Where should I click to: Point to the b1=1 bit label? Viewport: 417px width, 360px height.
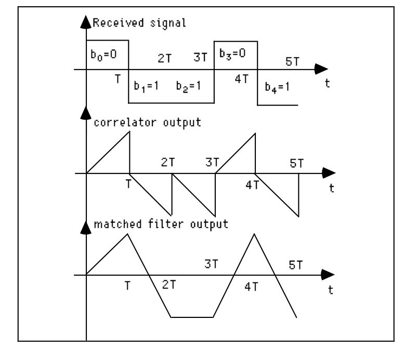[145, 86]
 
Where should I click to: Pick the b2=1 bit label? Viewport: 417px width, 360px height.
[188, 86]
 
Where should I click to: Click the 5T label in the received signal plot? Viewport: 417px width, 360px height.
[293, 61]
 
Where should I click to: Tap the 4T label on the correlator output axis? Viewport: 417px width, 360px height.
[252, 185]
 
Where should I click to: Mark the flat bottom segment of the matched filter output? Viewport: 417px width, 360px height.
[192, 316]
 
